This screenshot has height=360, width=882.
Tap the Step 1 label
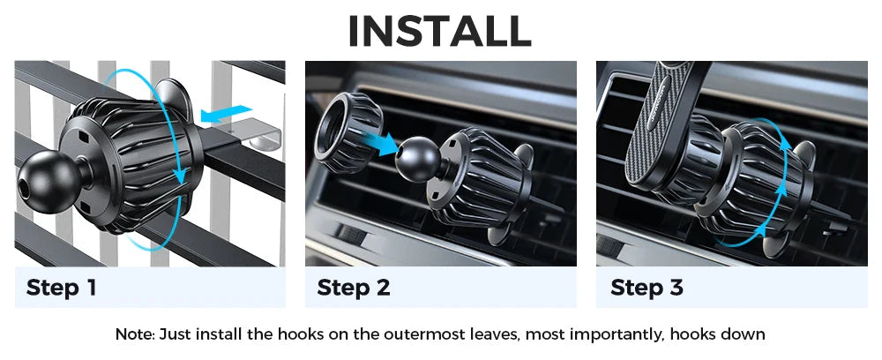pyautogui.click(x=62, y=287)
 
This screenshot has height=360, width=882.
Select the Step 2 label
pyautogui.click(x=353, y=287)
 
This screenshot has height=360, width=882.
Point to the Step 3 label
pyautogui.click(x=647, y=287)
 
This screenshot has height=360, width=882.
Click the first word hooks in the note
pyautogui.click(x=300, y=334)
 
